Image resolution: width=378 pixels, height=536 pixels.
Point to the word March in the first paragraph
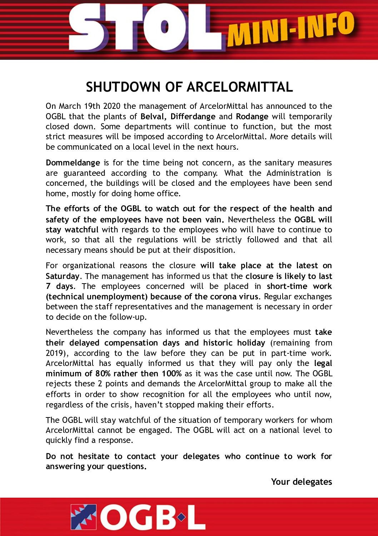tap(70, 106)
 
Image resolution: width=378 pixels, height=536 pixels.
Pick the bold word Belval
tap(154, 117)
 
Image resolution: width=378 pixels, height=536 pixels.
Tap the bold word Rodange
tap(252, 117)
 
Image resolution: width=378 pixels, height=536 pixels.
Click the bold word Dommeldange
tap(73, 163)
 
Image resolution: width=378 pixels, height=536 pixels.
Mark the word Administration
tap(294, 173)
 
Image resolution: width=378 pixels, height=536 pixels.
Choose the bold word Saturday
tap(63, 276)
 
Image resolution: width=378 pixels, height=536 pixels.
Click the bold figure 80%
tap(103, 374)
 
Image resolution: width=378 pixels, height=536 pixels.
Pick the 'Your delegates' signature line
tap(302, 482)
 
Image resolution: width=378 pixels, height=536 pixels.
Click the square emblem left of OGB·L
tap(84, 517)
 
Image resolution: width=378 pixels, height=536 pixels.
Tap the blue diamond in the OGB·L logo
tap(181, 517)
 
